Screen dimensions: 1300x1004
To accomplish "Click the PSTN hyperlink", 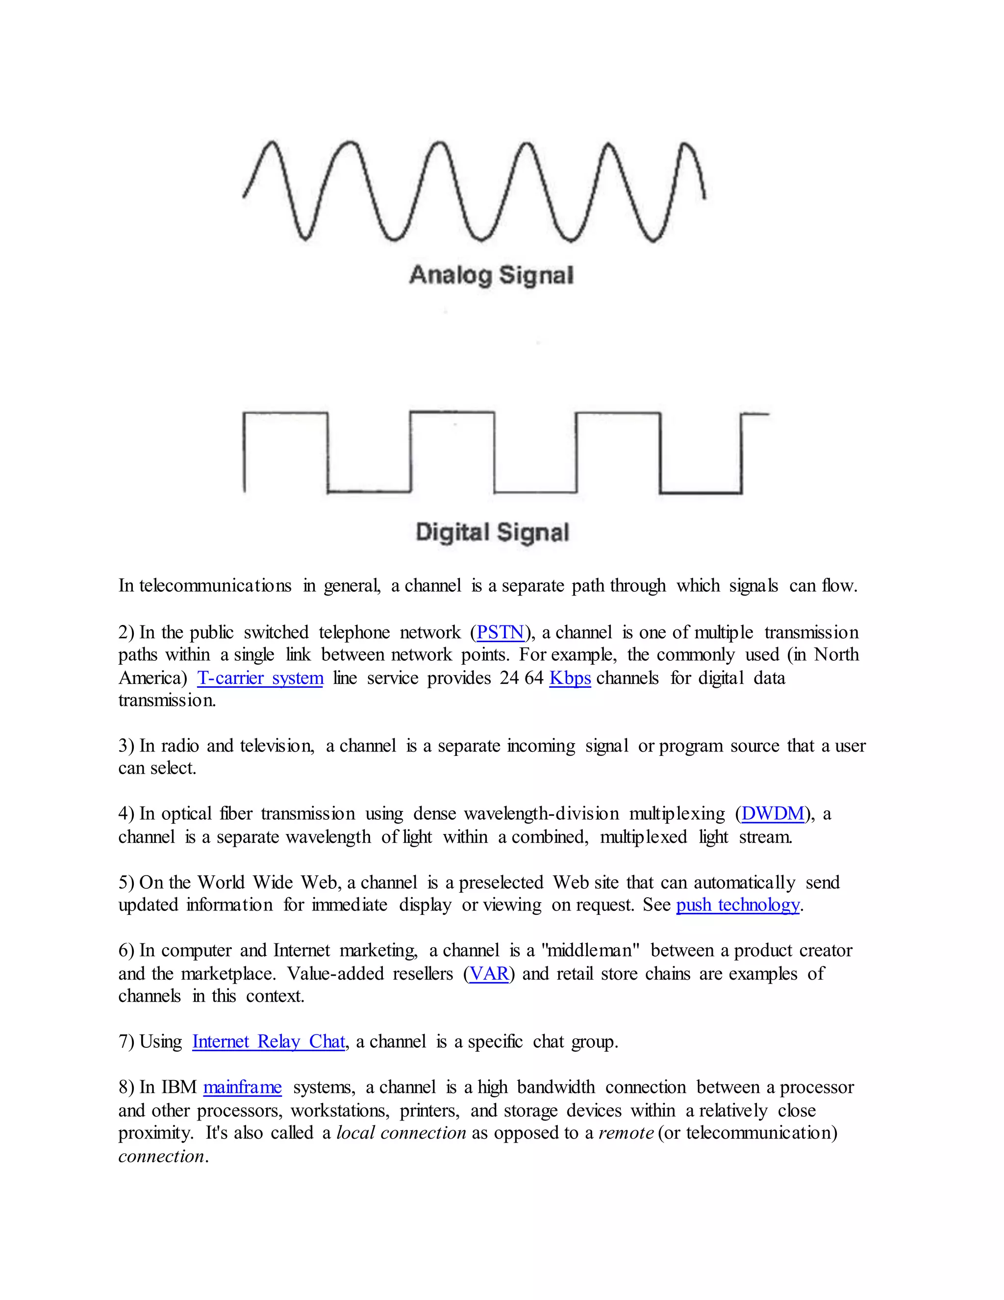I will coord(500,632).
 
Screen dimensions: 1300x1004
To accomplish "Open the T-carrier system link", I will coord(260,678).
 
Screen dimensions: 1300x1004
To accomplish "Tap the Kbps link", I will coord(570,678).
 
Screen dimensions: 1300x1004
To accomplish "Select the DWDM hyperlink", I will coord(773,814).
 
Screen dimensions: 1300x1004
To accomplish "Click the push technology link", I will coord(737,905).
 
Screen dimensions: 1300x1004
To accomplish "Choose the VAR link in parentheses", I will coord(489,974).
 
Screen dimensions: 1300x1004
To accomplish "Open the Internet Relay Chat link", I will coord(268,1041).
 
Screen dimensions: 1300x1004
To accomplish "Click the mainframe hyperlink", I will coord(242,1088).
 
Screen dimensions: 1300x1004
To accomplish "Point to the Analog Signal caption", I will coord(491,275).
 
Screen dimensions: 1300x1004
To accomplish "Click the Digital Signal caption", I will coord(493,532).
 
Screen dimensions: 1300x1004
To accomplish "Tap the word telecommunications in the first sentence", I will coord(215,586).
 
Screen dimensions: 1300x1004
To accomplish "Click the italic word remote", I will coord(626,1133).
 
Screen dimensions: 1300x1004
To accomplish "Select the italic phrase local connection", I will coord(401,1133).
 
